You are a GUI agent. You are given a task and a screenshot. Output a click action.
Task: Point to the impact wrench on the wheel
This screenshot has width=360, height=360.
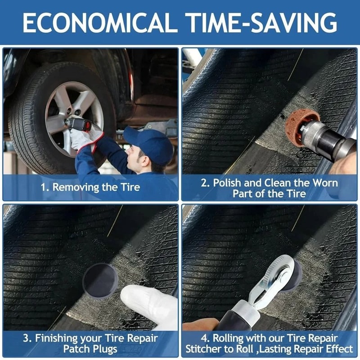tap(77, 123)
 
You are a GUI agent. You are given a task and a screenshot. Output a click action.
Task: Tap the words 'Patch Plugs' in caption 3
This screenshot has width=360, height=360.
tap(90, 349)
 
